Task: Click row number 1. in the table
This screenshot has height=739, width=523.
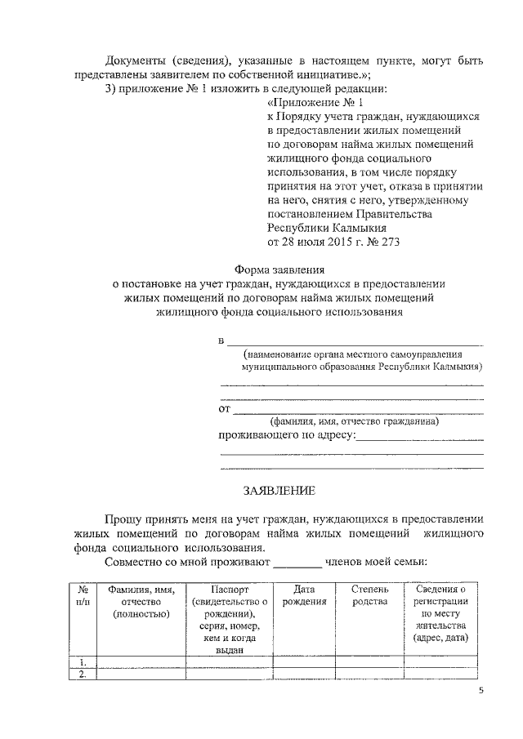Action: pyautogui.click(x=83, y=661)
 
